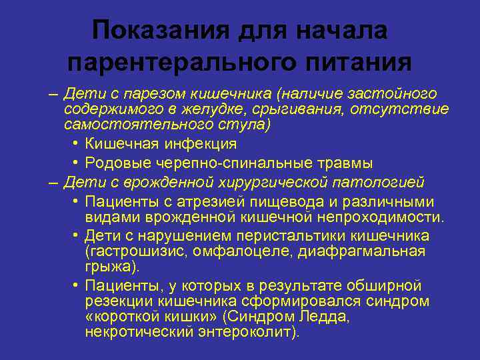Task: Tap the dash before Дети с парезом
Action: pos(54,93)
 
